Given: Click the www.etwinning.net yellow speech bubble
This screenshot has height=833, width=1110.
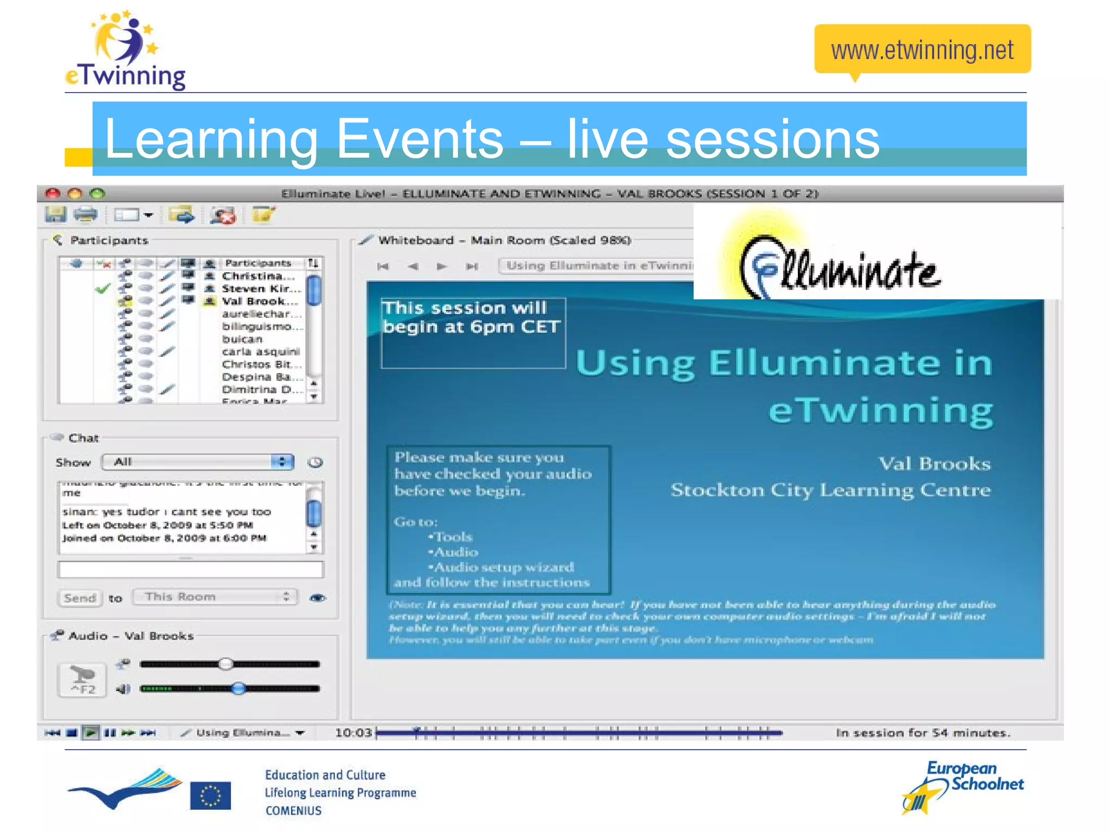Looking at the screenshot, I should [922, 49].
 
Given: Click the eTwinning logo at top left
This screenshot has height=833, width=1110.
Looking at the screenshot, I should [125, 51].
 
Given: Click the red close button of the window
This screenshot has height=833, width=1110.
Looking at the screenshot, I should [53, 193].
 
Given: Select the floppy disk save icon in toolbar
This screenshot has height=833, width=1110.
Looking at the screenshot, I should [55, 215].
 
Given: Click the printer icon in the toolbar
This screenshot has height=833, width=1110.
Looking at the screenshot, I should [86, 215].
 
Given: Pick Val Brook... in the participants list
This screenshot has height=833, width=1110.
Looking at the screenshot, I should [260, 301].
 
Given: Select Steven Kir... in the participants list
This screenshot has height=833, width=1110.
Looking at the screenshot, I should [261, 289].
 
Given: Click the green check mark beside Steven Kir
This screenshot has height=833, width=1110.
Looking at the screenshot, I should [102, 289].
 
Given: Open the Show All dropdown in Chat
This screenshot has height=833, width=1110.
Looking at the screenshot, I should [198, 462].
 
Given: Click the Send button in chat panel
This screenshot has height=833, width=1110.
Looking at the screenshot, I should [80, 598].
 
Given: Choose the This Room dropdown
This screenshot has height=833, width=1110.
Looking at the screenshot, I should [215, 597].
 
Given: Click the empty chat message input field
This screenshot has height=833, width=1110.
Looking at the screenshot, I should [190, 569].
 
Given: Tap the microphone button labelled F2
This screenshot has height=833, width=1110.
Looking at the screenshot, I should [82, 680].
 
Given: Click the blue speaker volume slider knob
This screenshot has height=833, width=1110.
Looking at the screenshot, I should [238, 689].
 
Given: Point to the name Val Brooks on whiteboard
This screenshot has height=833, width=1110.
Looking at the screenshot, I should [934, 464].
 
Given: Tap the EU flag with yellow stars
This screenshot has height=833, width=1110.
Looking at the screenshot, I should [210, 796].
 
